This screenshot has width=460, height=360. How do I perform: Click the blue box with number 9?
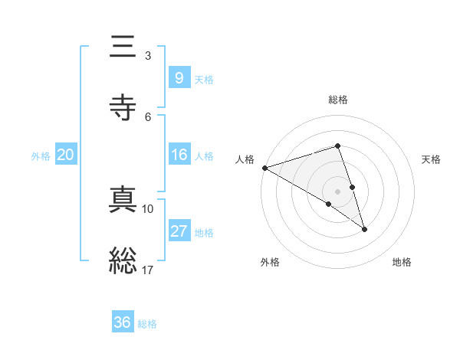point(179,77)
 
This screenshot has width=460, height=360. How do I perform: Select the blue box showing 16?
point(179,155)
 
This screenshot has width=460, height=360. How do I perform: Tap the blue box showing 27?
point(179,231)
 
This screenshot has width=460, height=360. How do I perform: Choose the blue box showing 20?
point(66,155)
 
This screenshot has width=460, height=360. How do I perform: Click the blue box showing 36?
point(123,322)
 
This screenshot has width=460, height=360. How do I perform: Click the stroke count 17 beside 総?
point(148,270)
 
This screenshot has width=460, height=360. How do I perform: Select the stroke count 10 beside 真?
point(148,208)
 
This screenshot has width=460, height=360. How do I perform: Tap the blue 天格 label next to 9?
point(204,79)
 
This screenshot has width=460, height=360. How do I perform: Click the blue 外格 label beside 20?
point(41,155)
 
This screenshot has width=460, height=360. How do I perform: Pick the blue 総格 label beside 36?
point(147,323)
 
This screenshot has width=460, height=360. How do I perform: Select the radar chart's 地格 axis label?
point(402,262)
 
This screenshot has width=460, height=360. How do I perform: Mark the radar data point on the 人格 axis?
point(264,167)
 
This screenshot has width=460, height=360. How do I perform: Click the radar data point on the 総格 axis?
point(337,146)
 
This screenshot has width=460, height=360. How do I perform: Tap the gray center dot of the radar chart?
point(337,191)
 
